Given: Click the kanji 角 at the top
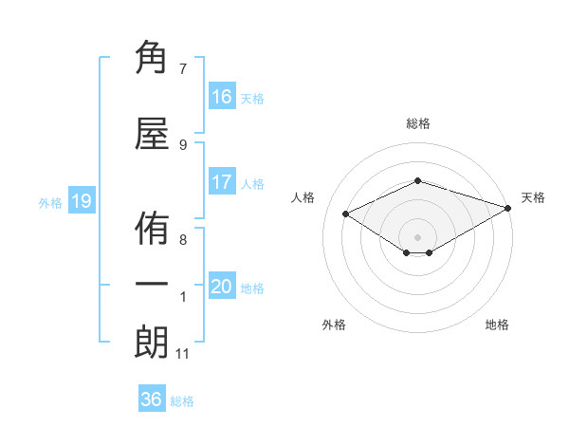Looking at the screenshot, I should pos(152,60).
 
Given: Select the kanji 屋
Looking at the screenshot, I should pos(152,136).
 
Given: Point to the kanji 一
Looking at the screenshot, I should pos(152,285).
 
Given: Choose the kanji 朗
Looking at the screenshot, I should pos(152,343).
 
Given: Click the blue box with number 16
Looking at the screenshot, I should pos(222,97).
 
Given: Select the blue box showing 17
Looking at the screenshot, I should pos(222,182).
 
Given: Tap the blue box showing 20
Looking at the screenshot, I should pos(222,287).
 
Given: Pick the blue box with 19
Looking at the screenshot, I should pos(81,201).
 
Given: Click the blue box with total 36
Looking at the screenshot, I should pos(152,400).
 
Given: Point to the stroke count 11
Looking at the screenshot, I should pos(182,354).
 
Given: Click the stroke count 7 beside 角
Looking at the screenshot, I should pos(182,68).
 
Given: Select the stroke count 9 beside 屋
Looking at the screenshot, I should pos(182,144).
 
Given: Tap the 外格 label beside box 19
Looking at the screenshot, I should pos(50,202).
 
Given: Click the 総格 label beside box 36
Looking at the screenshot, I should pos(182,401).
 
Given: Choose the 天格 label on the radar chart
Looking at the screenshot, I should pos(533,197).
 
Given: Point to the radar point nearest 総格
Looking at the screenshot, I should pos(417,180).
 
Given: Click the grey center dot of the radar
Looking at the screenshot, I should pos(417,235).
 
